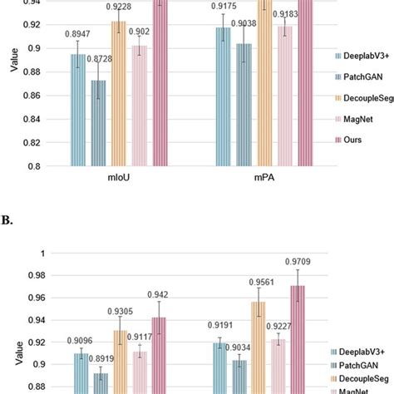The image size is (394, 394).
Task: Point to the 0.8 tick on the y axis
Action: (34, 166)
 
